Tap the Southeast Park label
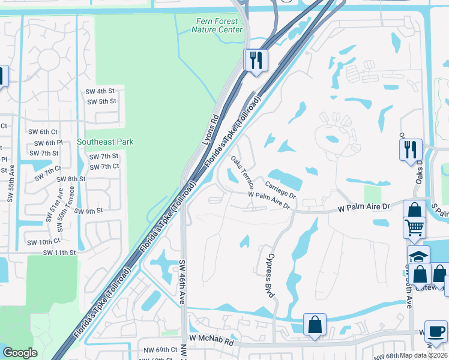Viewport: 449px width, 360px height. click(105, 142)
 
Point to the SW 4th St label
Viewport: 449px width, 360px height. click(100, 91)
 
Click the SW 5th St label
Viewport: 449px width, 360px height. click(101, 101)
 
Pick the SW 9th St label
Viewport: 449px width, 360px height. click(90, 211)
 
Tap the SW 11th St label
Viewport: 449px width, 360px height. click(59, 253)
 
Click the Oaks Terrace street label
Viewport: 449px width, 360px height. click(243, 171)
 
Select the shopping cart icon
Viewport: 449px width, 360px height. click(415, 228)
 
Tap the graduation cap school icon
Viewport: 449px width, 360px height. click(418, 256)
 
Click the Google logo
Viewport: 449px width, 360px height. click(20, 353)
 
